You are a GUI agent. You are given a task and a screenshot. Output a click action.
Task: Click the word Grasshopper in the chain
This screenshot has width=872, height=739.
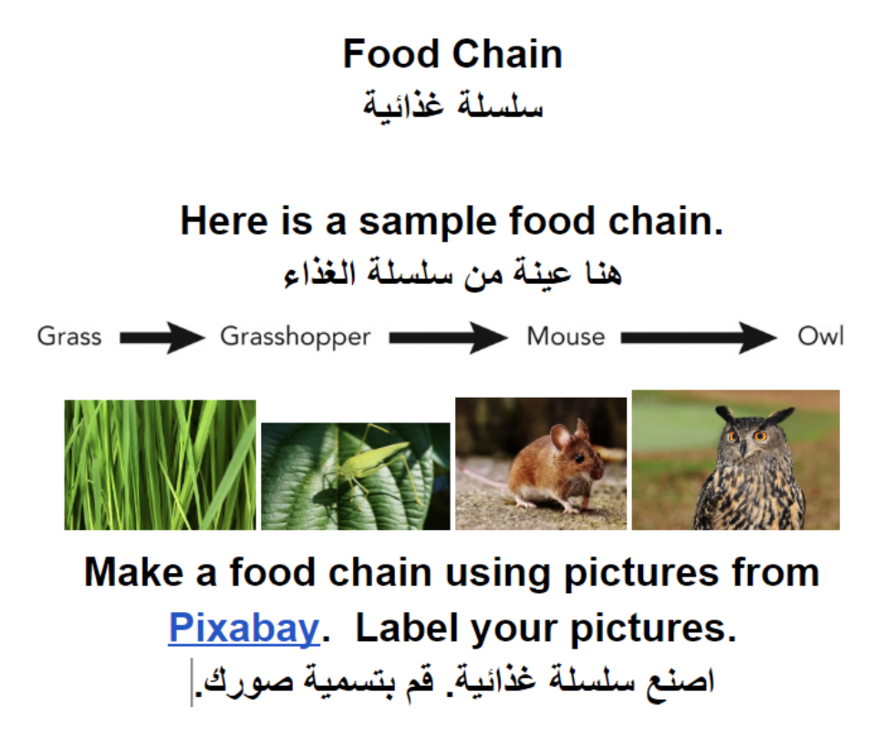coord(296,337)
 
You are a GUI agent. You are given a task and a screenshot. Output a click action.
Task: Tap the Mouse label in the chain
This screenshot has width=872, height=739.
coord(566,337)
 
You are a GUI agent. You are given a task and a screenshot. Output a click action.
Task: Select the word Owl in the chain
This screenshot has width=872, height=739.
coord(820,336)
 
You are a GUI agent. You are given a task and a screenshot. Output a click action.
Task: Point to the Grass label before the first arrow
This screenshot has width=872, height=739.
coord(69,337)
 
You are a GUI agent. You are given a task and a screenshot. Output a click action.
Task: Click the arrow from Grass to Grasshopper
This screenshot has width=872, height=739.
coord(162,338)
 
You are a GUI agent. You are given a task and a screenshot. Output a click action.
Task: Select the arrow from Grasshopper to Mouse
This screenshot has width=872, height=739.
coord(448,338)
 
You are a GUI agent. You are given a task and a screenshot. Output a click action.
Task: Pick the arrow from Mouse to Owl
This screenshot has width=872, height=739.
coord(699,338)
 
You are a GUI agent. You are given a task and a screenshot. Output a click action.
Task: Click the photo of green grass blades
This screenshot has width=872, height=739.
coord(161,465)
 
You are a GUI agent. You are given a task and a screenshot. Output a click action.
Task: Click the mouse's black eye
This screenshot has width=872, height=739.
coord(578,458)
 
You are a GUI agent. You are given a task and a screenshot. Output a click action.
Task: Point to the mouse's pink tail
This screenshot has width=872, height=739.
coord(483,476)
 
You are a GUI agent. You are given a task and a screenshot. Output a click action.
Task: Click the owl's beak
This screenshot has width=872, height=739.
coord(742,448)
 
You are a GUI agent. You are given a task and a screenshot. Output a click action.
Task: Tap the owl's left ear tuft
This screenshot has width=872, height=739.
coord(724,414)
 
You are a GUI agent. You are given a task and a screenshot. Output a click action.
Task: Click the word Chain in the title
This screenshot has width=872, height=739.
coord(507,55)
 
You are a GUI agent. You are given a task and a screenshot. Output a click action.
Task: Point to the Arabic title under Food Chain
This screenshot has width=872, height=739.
coord(453,106)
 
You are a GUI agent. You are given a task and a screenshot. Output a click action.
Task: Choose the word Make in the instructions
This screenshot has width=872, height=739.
coord(134,573)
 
